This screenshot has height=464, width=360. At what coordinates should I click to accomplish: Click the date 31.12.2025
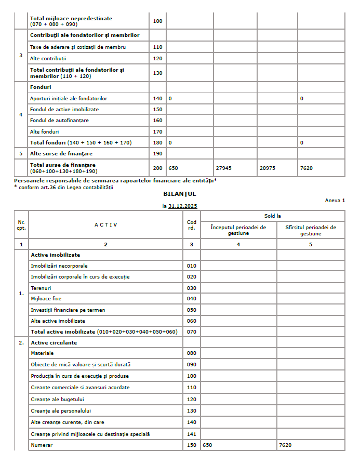click(x=182, y=206)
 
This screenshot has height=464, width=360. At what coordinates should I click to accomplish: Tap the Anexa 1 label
click(x=335, y=200)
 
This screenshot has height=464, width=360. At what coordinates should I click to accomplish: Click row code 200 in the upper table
click(x=157, y=168)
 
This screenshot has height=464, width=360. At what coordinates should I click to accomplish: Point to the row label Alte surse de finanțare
click(x=61, y=154)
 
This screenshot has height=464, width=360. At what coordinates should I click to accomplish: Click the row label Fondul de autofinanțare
click(x=59, y=121)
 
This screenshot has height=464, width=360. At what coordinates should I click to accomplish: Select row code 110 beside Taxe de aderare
click(x=157, y=47)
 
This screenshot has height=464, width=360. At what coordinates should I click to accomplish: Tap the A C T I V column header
click(x=105, y=224)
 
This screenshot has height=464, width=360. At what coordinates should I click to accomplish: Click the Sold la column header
click(x=273, y=216)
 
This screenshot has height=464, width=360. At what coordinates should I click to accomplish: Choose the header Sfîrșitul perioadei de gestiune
click(x=311, y=230)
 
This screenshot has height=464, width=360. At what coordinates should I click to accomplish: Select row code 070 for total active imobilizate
click(x=192, y=332)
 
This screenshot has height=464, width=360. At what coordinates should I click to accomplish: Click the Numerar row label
click(x=42, y=445)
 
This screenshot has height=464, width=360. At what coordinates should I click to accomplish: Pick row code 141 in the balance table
click(x=192, y=434)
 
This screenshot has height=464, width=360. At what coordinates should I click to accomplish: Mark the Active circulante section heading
click(x=54, y=343)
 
